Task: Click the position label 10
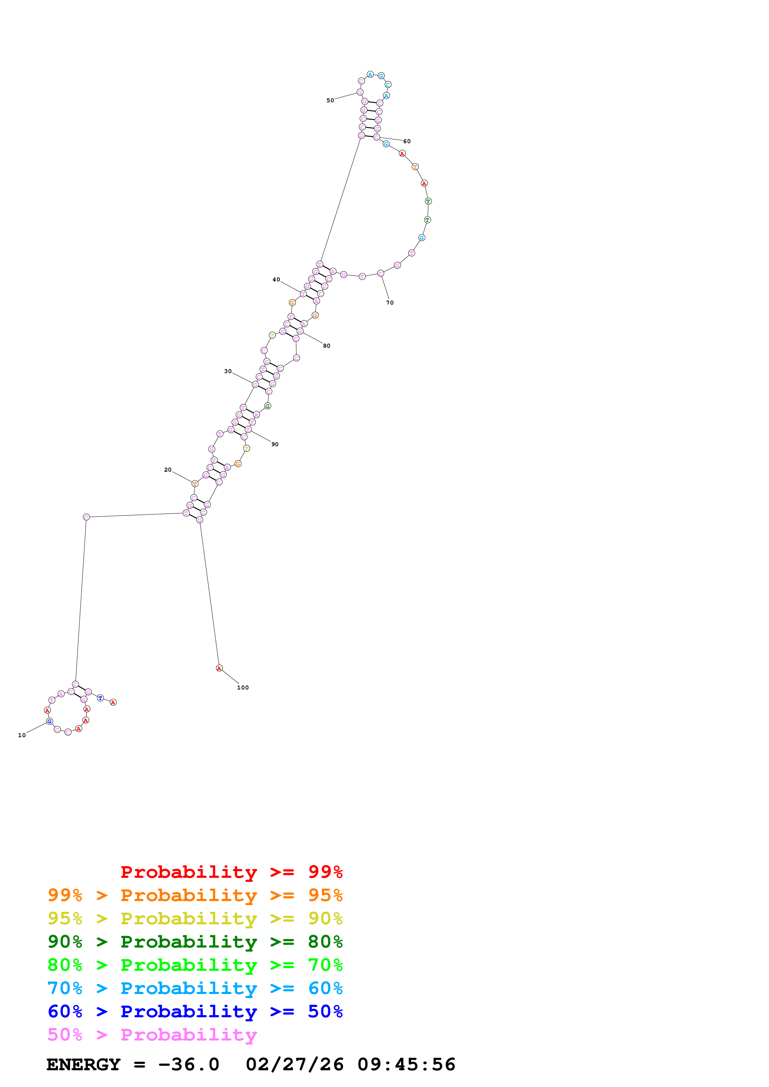22,735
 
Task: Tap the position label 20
168,470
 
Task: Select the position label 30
228,371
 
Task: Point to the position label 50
330,100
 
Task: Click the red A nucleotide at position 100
219,668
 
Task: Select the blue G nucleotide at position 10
50,721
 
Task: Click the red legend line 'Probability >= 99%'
232,872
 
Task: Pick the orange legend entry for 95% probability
195,895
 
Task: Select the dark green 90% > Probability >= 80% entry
195,942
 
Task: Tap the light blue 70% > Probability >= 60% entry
195,988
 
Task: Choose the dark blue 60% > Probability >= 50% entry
195,1011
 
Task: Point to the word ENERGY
83,1064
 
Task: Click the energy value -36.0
189,1064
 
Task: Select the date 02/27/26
295,1064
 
